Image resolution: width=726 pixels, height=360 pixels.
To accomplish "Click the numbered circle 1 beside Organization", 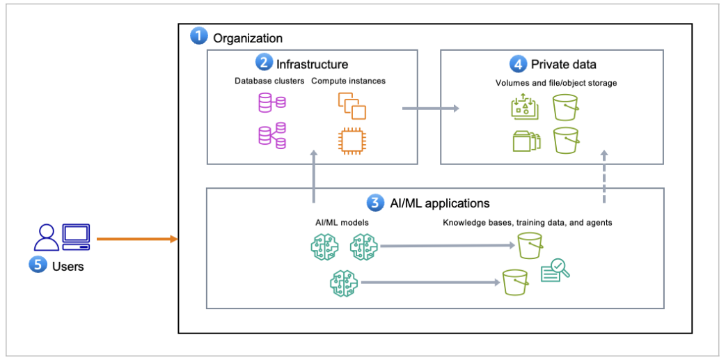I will pos(199,37).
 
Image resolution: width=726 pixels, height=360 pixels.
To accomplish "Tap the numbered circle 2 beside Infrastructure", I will pos(264,63).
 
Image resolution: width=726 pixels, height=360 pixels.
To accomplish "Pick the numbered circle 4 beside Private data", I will pos(518,64).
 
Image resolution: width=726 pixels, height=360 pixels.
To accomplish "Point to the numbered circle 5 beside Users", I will pos(38,265).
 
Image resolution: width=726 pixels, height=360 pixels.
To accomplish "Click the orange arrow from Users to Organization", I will pos(137,240).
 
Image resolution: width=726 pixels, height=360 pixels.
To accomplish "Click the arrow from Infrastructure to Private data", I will pos(430,108).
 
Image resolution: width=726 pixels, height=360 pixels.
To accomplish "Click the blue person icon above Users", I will pos(47,237).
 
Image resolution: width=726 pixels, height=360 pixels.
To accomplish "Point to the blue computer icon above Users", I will pos(76,237).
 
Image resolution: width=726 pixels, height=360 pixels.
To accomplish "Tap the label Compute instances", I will pos(348,81).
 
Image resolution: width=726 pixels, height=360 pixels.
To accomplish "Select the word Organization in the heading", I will pos(248,38).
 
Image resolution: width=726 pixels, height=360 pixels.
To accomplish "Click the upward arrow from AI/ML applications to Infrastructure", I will pos(314,178).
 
